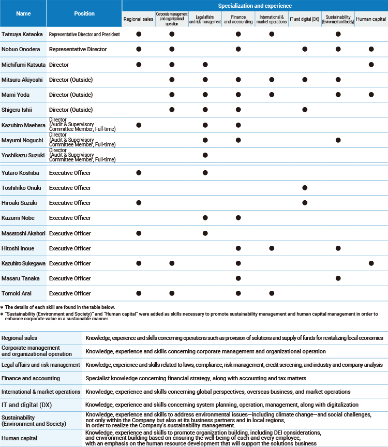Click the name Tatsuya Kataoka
point(23,34)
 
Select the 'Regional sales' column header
point(138,19)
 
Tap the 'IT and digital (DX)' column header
point(305,19)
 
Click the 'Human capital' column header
point(371,19)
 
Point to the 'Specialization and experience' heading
point(255,6)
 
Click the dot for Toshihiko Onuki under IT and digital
point(305,188)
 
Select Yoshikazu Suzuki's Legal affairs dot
point(205,155)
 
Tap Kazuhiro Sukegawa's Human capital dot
point(371,263)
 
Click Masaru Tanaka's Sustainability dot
point(338,278)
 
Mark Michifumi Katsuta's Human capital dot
point(371,65)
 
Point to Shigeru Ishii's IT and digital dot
point(305,110)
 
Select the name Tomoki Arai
point(16,293)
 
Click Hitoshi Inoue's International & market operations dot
point(272,248)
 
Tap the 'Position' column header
point(84,13)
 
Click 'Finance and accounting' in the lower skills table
point(31,378)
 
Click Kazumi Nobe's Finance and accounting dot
point(238,218)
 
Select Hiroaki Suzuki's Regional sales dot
point(138,203)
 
